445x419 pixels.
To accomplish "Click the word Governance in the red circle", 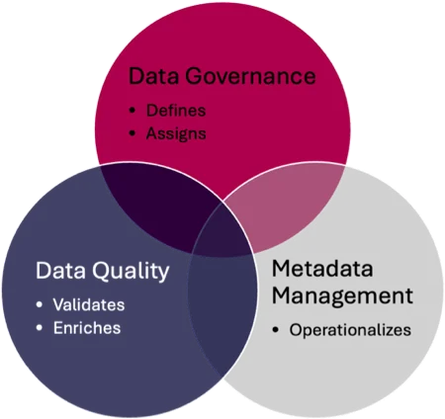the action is click(250, 76).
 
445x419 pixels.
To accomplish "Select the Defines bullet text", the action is click(176, 111).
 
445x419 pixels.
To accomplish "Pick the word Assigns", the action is click(176, 133).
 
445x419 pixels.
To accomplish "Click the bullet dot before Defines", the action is click(133, 111).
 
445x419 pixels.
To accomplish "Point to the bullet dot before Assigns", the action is click(133, 133).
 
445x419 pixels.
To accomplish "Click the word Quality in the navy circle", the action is click(131, 272).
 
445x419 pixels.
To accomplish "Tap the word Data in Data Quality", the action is click(60, 271).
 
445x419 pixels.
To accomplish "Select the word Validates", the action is click(89, 304).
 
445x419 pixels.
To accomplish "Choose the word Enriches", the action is click(87, 328).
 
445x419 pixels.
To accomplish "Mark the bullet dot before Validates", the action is click(40, 305).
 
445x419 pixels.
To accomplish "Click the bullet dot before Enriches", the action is click(40, 328).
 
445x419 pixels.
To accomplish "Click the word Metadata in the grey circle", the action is click(322, 269).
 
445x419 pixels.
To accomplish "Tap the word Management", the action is click(342, 295).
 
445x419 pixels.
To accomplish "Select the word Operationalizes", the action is click(350, 330).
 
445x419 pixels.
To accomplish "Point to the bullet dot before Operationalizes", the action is click(276, 330).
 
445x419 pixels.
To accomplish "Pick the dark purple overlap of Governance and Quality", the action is click(158, 205).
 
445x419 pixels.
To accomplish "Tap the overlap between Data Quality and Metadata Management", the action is click(222, 306).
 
